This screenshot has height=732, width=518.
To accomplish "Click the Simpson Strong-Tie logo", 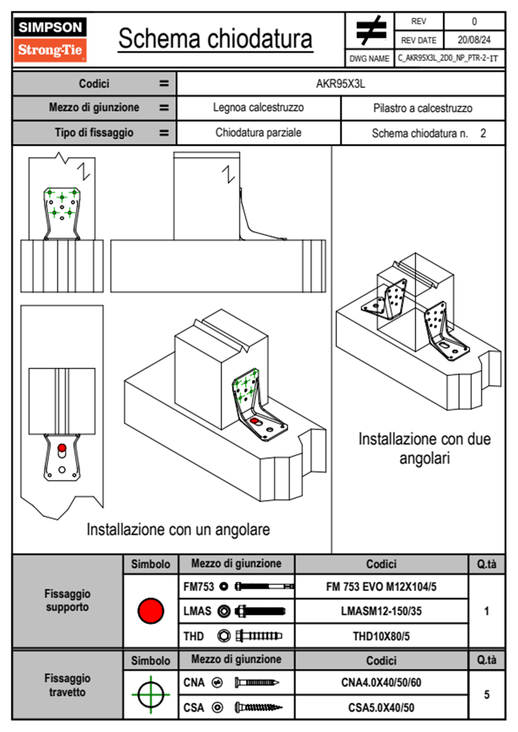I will click(50, 40).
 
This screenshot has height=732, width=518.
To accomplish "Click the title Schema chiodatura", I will click(215, 39).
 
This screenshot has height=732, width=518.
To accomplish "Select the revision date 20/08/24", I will click(474, 40).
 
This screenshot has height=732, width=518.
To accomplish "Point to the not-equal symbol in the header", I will click(370, 31).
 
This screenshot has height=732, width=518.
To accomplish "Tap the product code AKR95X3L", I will click(340, 84).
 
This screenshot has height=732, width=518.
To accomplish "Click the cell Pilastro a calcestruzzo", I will click(423, 108).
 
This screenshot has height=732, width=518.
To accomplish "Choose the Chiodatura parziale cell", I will click(258, 133).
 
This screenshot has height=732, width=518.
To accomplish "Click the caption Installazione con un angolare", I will click(178, 530).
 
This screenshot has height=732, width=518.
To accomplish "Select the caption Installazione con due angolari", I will click(424, 448).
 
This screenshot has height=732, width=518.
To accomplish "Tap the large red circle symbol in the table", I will click(151, 611).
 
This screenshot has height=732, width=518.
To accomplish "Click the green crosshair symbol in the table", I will click(151, 695).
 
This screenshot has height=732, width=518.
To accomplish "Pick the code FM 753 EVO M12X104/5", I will click(381, 587).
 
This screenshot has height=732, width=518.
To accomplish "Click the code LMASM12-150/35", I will click(381, 611).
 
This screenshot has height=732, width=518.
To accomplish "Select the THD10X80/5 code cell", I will click(381, 636).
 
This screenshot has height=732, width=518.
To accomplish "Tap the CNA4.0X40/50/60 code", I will click(381, 682).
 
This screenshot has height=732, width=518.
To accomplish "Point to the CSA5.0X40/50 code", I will click(381, 708).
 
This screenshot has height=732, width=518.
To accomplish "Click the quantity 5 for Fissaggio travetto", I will click(487, 695).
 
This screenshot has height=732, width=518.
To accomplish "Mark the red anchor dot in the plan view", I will click(62, 448).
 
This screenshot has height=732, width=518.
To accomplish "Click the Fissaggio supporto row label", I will click(67, 600).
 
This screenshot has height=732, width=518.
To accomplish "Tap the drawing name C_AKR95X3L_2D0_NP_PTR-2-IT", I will click(448, 58).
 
